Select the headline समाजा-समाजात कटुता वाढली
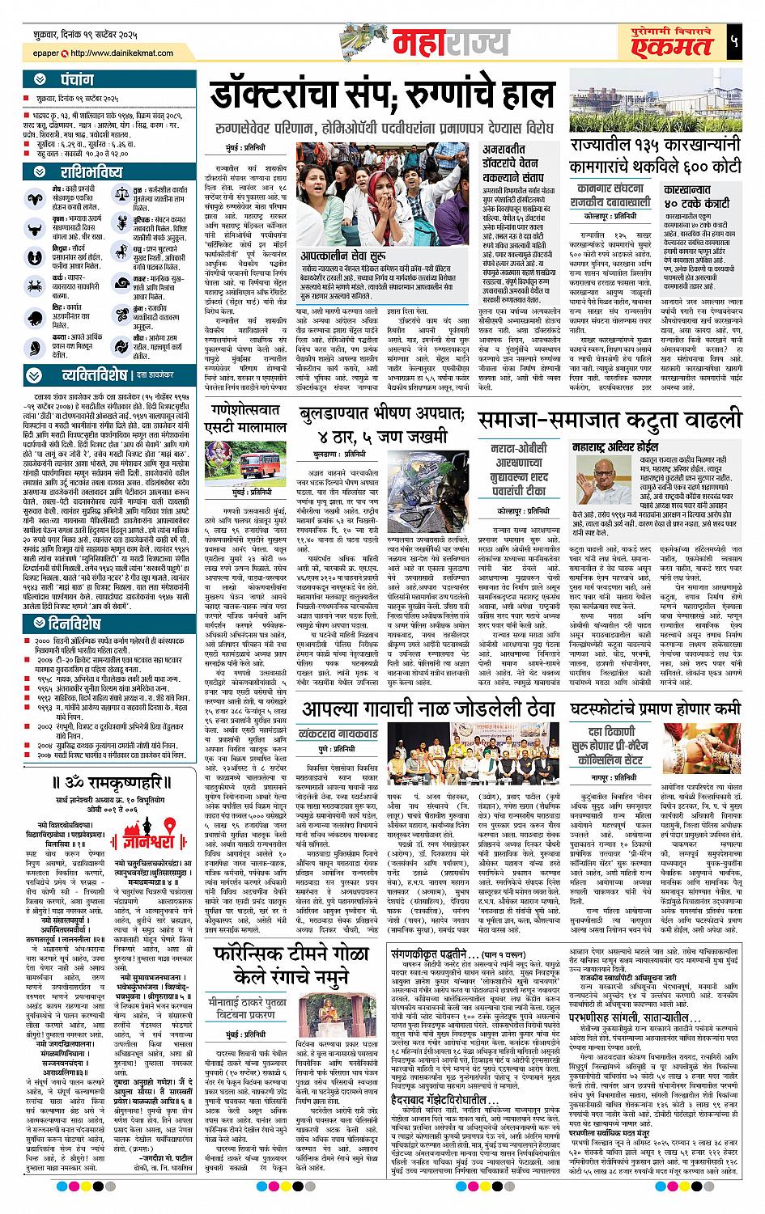pyautogui.click(x=609, y=420)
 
